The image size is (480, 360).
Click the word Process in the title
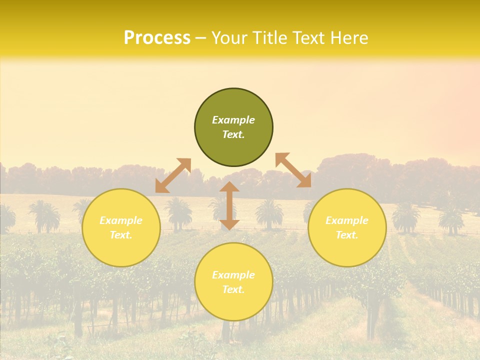[x=157, y=38]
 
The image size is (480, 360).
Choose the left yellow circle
[x=121, y=227]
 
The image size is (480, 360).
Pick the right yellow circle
[x=347, y=227]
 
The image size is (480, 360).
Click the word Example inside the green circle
[x=233, y=120]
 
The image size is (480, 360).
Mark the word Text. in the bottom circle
[x=233, y=289]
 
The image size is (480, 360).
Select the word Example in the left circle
[x=121, y=220]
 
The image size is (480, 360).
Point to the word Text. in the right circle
[x=347, y=235]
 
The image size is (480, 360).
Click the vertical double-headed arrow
[x=229, y=205]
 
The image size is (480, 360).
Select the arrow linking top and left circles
[x=173, y=175]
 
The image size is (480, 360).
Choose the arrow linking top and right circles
[x=293, y=170]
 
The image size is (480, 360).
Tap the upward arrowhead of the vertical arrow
[x=229, y=187]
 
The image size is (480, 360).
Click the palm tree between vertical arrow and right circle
[x=269, y=212]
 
